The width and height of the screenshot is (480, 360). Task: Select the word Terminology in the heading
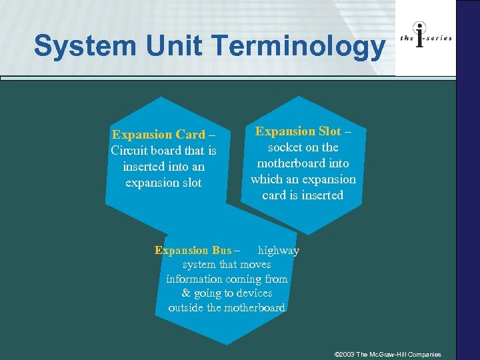299,47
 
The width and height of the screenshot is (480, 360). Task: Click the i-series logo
426,38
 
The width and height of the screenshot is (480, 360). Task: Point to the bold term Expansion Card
159,135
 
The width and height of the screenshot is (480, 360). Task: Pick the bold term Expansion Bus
193,251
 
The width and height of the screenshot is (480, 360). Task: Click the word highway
279,251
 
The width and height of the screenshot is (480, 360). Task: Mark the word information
195,279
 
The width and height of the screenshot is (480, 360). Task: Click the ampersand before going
186,293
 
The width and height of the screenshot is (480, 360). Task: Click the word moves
255,265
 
